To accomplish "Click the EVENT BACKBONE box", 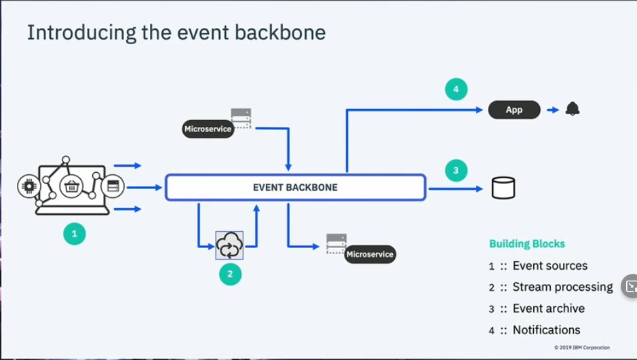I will pos(295,187).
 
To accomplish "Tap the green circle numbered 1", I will pos(75,235).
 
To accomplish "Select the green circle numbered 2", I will pos(230,274).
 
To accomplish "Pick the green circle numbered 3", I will pos(457,170).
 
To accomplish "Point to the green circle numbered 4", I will pos(457,89).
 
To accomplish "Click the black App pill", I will pos(514,110).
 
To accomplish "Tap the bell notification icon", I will pos(573,109).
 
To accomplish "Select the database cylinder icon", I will pos(503,188).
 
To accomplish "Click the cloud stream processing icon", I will pos(229,245).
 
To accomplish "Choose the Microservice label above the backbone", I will pos(208,129).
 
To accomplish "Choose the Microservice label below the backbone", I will pos(369,255).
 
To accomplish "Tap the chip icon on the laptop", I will pos(30,184).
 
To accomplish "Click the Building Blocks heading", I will pos(527,244).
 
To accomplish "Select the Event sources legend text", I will pos(549,266).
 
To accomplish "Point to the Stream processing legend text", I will pos(562,287).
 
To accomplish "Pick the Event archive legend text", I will pos(548,308).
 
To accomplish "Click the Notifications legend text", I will pos(546,330).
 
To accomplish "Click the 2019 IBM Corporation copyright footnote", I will pos(581,348).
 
